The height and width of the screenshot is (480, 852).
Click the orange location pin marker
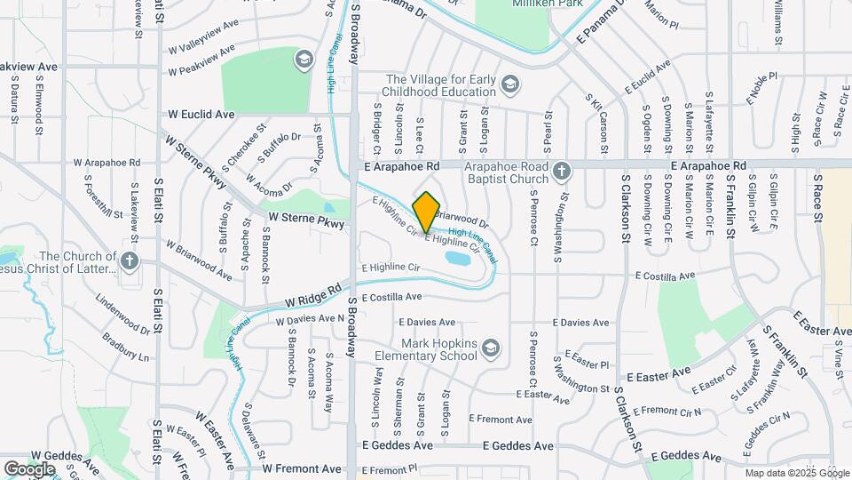(426, 211)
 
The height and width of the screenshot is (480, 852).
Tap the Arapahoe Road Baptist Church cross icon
(560, 172)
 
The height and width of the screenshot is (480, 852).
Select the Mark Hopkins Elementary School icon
(491, 349)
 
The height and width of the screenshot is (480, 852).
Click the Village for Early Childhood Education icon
(509, 85)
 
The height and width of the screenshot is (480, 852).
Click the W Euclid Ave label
(201, 115)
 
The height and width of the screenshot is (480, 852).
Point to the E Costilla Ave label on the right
(662, 276)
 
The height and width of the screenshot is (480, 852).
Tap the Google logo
(29, 468)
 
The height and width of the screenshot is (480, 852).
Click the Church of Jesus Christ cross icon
(130, 260)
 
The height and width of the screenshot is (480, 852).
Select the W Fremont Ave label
(302, 468)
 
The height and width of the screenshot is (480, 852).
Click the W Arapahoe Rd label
(107, 163)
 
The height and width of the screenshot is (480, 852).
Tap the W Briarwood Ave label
(199, 261)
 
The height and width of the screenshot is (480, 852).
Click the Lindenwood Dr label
(121, 316)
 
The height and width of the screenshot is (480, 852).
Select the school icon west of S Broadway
(304, 60)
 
